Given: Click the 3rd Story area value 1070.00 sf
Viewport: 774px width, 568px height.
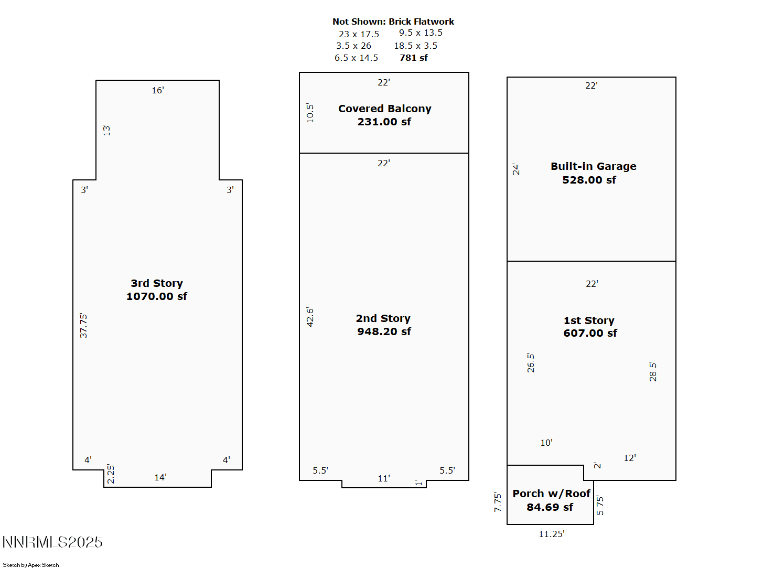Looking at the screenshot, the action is (x=156, y=296).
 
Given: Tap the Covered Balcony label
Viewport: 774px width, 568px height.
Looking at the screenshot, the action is (x=384, y=109).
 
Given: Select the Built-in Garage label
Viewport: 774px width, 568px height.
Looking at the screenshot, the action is (x=593, y=167).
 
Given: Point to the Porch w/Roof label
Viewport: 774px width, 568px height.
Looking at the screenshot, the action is (x=552, y=494).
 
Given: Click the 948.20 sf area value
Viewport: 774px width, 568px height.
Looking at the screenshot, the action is (x=384, y=331).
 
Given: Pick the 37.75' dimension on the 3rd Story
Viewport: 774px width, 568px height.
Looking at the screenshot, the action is (x=83, y=326).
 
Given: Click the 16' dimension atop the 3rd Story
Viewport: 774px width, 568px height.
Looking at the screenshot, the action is (x=158, y=91).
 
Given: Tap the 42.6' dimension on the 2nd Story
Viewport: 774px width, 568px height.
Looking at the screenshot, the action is (x=310, y=317).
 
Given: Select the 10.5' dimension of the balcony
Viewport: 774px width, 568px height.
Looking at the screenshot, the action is (x=310, y=113).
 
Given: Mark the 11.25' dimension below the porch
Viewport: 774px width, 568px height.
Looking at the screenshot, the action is (x=552, y=534).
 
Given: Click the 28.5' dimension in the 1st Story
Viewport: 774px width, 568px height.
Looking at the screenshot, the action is (x=653, y=371).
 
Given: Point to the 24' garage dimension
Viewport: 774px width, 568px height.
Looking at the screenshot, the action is (x=516, y=169).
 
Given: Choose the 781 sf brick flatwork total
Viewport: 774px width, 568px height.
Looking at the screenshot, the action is (x=414, y=58).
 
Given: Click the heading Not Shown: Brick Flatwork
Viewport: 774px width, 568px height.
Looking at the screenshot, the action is (x=393, y=22).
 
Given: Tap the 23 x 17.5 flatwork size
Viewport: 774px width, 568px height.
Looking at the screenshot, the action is (x=359, y=34).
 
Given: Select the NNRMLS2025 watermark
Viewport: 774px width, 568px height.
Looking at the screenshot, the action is (x=52, y=542).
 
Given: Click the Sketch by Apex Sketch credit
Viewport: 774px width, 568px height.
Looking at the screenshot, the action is (x=31, y=565).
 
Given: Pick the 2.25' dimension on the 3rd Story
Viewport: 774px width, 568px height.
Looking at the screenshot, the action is (x=111, y=474).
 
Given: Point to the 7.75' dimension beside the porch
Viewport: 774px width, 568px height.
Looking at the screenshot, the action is (x=498, y=502).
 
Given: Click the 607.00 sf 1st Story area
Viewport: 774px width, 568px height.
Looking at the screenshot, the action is (x=590, y=333).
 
